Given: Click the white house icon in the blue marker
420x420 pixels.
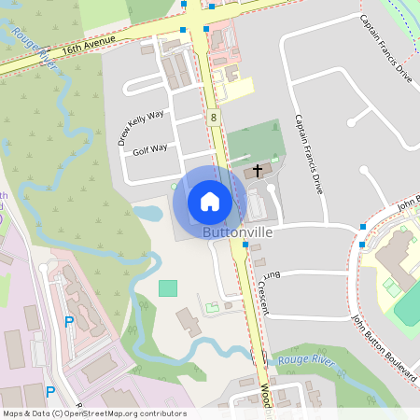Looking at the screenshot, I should click(x=210, y=201).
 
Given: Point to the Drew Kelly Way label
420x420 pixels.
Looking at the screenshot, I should click(x=141, y=126).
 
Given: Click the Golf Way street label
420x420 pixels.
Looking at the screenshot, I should click(x=149, y=149).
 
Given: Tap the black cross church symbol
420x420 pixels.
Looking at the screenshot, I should click(x=259, y=171).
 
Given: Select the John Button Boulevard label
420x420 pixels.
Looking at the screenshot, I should click(x=384, y=344).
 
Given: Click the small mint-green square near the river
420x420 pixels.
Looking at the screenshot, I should click(x=167, y=288).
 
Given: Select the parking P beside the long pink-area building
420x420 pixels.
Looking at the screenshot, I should click(x=68, y=322).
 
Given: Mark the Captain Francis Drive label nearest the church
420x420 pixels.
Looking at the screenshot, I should click(x=309, y=153).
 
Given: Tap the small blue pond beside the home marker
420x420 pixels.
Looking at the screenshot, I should click(x=148, y=212).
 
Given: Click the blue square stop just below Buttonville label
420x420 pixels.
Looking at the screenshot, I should click(x=245, y=245).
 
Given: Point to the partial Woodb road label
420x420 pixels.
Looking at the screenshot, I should click(x=265, y=397).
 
